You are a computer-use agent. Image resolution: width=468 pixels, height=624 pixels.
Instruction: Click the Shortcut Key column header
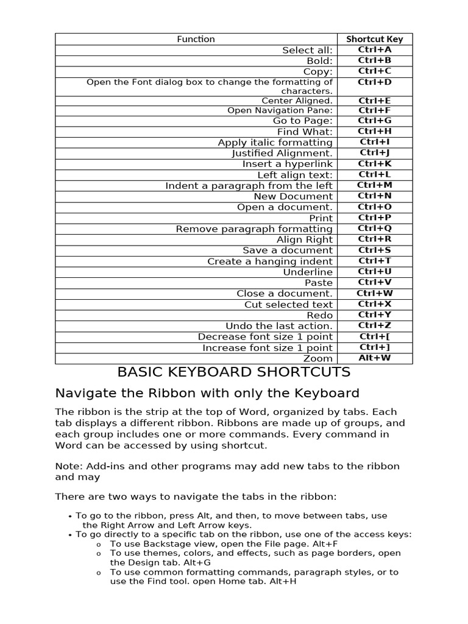pyautogui.click(x=374, y=39)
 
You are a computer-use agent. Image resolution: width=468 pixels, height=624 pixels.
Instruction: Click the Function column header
pyautogui.click(x=196, y=39)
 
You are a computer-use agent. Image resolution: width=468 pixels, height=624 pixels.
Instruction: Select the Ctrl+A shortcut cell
pyautogui.click(x=374, y=50)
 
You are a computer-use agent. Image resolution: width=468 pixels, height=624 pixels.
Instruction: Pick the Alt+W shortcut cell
pyautogui.click(x=374, y=358)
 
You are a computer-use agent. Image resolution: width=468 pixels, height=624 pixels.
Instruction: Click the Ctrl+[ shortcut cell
pyautogui.click(x=374, y=336)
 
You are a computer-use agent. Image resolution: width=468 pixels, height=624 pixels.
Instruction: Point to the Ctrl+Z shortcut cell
pyautogui.click(x=374, y=326)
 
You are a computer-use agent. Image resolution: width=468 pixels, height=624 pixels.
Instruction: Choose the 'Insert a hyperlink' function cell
pyautogui.click(x=287, y=164)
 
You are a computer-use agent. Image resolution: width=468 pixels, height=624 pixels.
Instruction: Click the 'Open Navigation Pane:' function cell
pyautogui.click(x=280, y=110)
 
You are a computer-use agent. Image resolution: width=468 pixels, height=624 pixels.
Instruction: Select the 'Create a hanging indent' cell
pyautogui.click(x=270, y=261)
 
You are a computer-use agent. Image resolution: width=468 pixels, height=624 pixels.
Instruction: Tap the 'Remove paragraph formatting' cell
pyautogui.click(x=254, y=229)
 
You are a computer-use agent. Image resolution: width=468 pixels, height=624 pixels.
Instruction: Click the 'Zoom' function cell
pyautogui.click(x=318, y=358)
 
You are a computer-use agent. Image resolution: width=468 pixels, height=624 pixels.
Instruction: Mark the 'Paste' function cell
pyautogui.click(x=319, y=283)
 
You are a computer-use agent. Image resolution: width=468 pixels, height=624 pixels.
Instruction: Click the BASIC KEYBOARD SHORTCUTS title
pyautogui.click(x=233, y=372)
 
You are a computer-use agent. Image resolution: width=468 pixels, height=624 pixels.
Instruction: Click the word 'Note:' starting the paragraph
pyautogui.click(x=68, y=466)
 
